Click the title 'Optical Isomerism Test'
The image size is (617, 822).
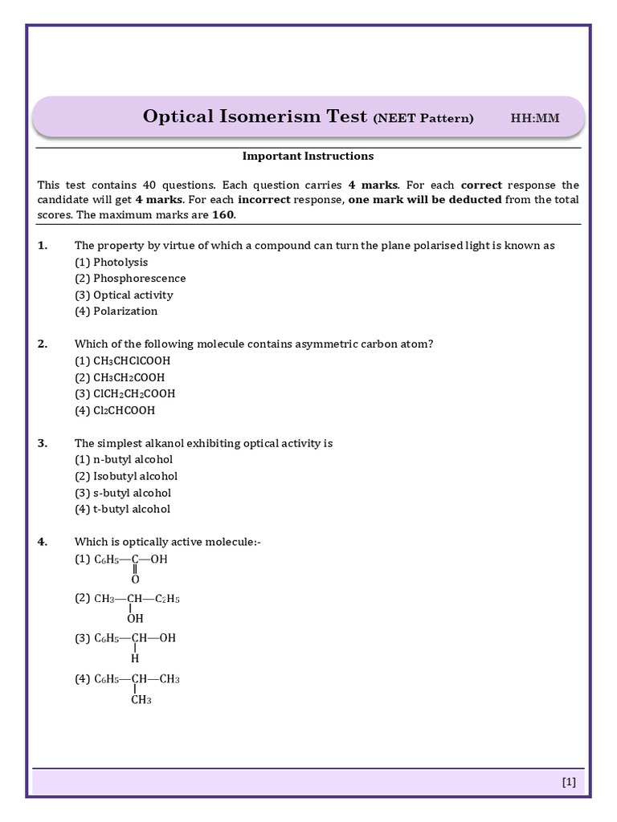tap(255, 116)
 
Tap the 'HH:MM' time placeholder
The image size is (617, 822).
tap(535, 119)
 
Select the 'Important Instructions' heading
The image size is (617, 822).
tap(308, 156)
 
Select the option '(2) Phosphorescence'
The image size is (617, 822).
tap(130, 279)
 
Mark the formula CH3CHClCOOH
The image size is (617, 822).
tap(132, 361)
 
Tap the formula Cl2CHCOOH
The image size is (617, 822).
tap(125, 411)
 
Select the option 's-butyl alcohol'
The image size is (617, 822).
tap(132, 493)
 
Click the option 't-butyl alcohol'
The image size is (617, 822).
tap(132, 509)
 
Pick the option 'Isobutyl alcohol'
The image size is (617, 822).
tap(135, 476)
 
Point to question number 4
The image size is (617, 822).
tap(43, 543)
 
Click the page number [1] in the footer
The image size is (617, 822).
tap(569, 782)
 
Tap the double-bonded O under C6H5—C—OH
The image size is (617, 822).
tap(135, 580)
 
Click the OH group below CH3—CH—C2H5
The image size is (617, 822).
tap(135, 619)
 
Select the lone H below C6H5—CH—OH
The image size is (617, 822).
tap(135, 659)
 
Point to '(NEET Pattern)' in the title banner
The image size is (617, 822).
tap(423, 119)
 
